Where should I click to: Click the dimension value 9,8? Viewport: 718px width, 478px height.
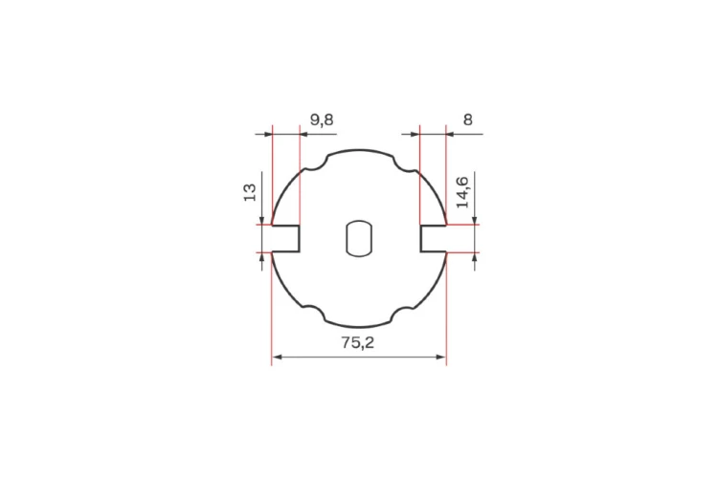click(x=322, y=119)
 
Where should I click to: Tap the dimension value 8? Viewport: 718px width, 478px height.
click(x=467, y=119)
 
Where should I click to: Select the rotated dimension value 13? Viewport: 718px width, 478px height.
click(x=250, y=192)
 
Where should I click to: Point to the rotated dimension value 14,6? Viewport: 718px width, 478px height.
click(x=462, y=191)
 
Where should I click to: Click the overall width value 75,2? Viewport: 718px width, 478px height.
click(x=358, y=342)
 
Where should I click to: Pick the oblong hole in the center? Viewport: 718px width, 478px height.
click(x=359, y=238)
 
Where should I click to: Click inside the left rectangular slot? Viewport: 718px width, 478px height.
click(x=285, y=238)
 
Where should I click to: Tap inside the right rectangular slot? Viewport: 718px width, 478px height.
click(x=433, y=238)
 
